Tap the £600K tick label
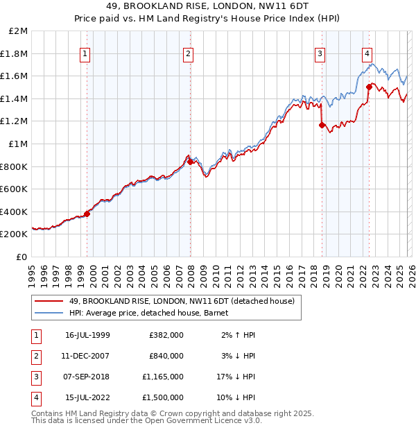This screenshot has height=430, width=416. [14, 189]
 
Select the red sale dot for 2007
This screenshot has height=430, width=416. [190, 162]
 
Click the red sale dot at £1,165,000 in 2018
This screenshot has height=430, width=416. [322, 125]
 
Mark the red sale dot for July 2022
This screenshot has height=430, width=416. [369, 87]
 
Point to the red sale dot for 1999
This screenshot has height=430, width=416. [87, 214]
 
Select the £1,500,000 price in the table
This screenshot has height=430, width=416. [166, 397]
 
